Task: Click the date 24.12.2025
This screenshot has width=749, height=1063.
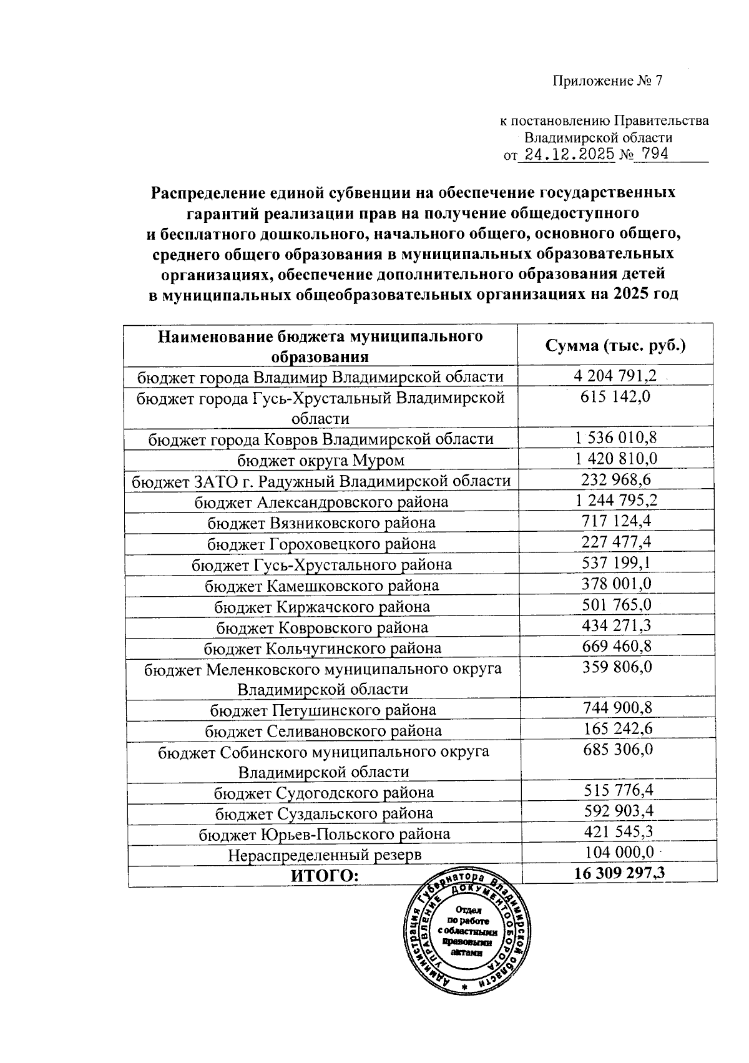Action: pyautogui.click(x=569, y=155)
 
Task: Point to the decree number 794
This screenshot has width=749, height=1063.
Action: pyautogui.click(x=650, y=154)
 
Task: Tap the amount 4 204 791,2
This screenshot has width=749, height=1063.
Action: pyautogui.click(x=615, y=376)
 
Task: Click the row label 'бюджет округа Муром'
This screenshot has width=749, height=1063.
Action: pyautogui.click(x=321, y=461)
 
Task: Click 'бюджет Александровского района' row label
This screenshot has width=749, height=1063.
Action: pyautogui.click(x=321, y=502)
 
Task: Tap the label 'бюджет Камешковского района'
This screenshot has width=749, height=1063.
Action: pyautogui.click(x=321, y=585)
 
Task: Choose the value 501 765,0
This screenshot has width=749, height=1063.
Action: pyautogui.click(x=616, y=605)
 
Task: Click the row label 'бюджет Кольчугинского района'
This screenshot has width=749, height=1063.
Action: pyautogui.click(x=322, y=648)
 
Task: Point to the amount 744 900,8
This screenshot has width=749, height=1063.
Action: pyautogui.click(x=617, y=708)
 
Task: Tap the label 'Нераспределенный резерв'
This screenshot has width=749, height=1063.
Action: pyautogui.click(x=324, y=855)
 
